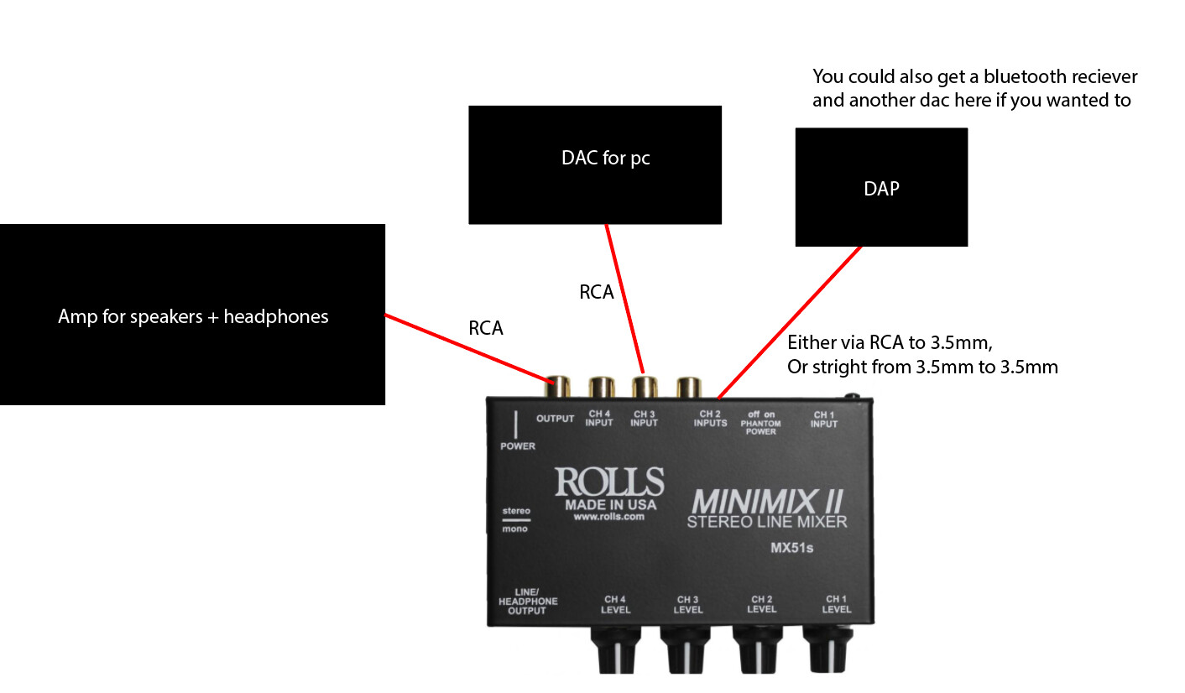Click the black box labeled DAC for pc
click(594, 164)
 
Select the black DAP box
click(881, 187)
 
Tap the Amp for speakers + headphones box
click(192, 315)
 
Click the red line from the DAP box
click(789, 321)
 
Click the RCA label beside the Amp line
click(486, 329)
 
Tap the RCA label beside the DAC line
click(597, 292)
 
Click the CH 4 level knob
click(617, 649)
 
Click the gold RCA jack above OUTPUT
click(560, 388)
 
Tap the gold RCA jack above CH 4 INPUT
click(601, 387)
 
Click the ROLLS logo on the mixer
click(609, 482)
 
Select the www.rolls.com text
click(608, 518)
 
